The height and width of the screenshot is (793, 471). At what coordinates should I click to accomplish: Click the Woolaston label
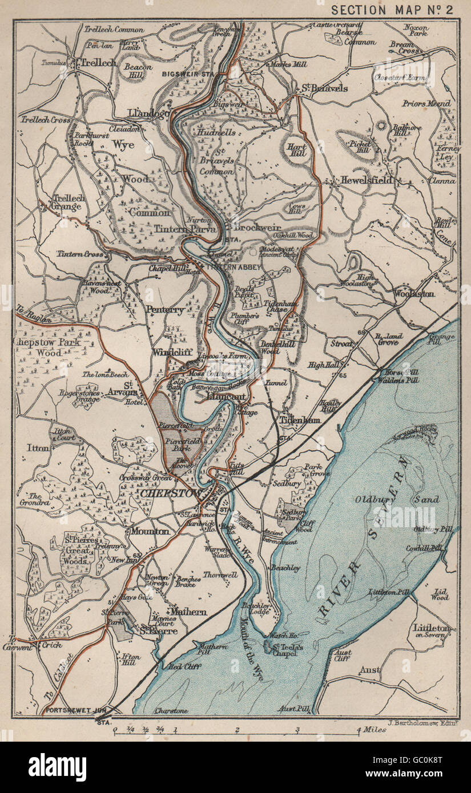414,293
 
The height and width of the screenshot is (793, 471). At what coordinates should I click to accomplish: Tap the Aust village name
369,670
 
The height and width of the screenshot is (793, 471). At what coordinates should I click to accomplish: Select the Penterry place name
165,309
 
